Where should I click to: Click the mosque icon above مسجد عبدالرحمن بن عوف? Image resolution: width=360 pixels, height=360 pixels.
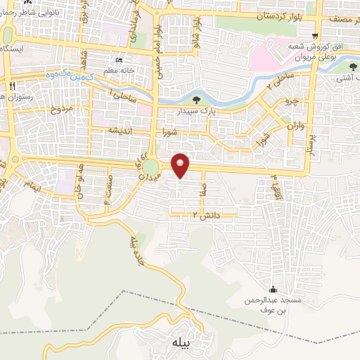click(x=273, y=290)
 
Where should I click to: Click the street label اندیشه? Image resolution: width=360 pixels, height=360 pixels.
click(x=117, y=131)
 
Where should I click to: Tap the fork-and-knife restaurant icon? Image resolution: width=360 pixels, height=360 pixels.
click(x=12, y=84)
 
